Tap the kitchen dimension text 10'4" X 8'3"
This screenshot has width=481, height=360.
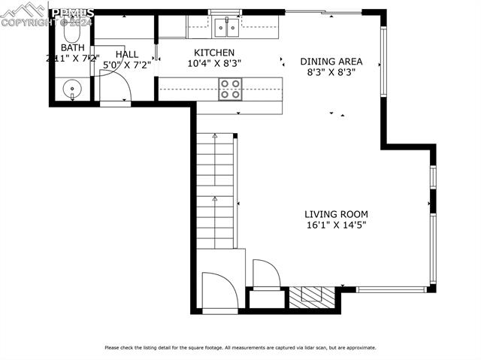click(x=214, y=64)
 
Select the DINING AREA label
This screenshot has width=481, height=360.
click(x=331, y=62)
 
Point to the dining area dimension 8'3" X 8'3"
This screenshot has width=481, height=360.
click(x=331, y=73)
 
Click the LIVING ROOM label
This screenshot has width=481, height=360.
click(x=335, y=213)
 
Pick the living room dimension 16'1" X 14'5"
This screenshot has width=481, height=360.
click(x=335, y=225)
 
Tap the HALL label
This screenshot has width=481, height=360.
click(x=127, y=54)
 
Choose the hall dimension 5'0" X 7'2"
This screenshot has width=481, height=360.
click(x=127, y=65)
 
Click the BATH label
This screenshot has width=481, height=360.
click(x=62, y=47)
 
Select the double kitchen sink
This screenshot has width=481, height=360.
click(x=225, y=29)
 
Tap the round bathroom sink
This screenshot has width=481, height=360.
click(x=72, y=89)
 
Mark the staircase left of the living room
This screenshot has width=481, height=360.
click(x=216, y=192)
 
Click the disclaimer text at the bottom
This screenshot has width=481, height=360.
click(x=240, y=347)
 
